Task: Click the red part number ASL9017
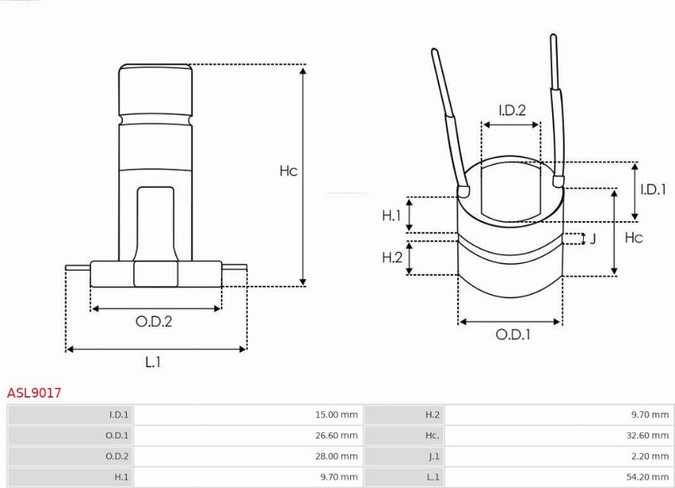34,393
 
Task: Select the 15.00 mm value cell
336,415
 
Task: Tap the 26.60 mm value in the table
336,436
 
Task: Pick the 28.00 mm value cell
336,456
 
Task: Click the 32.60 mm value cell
648,436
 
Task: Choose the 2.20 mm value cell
650,456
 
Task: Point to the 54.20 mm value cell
648,477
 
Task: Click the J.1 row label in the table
434,456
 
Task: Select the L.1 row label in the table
433,477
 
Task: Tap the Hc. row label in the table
432,436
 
